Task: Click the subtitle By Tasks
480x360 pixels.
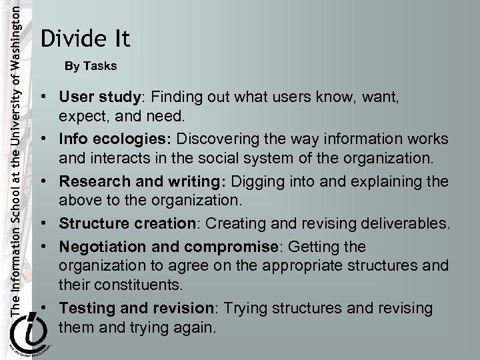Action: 91,67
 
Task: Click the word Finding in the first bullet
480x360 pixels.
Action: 173,98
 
